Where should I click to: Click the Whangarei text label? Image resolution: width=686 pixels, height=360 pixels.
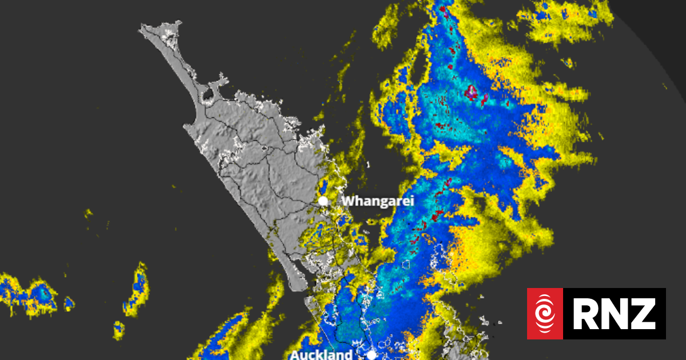point(377,201)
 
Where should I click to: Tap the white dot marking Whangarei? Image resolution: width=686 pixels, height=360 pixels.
point(323,201)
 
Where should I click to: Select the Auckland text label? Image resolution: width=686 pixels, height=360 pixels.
point(321,355)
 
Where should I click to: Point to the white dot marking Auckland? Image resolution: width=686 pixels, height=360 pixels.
point(372,355)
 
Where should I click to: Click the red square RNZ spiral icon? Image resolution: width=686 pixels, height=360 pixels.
point(545,314)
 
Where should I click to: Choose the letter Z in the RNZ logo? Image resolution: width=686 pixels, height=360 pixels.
point(644,314)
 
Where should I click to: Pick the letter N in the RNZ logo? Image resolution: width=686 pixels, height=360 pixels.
point(614,314)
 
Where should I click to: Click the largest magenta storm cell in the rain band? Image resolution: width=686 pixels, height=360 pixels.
point(472,91)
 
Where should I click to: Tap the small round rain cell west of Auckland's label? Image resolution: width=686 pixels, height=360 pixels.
point(119,329)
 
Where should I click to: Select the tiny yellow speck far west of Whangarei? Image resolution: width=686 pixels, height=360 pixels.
point(89,213)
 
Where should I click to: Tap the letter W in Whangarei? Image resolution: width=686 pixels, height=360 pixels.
point(348,201)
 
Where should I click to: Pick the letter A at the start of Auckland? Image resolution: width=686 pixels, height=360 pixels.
point(295,355)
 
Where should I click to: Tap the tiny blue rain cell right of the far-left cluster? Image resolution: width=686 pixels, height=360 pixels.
point(69,303)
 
